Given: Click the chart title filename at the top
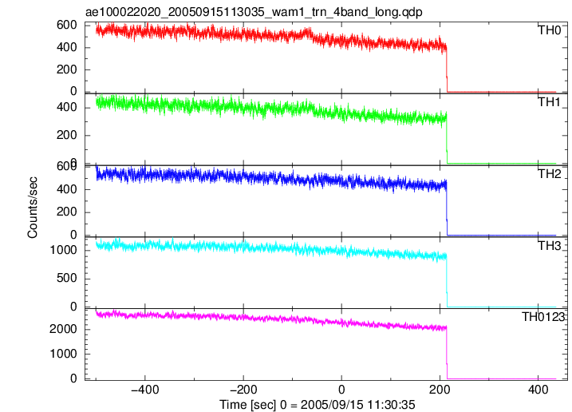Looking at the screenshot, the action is (254, 12).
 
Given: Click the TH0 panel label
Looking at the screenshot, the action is (550, 30).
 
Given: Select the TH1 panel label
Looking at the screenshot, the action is (550, 102).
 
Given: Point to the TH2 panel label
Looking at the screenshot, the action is (550, 174).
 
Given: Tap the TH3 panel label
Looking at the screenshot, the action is (550, 246).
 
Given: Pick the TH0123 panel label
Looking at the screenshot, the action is (542, 317).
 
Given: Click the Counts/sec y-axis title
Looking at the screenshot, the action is (33, 207).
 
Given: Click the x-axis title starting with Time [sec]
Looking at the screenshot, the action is (317, 405).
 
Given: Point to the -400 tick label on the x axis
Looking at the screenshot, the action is (145, 390).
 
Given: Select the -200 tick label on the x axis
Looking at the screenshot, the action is (243, 390).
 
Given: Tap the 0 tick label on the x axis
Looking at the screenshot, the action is (341, 390).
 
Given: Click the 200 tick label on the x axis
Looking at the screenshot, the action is (440, 390).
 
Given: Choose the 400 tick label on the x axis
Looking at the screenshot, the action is (538, 390).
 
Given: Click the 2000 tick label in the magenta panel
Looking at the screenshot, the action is (63, 330).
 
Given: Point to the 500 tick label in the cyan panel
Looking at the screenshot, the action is (67, 279).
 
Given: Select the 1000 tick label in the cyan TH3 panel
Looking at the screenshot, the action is (63, 250).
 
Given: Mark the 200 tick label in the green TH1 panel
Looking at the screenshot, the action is (67, 135).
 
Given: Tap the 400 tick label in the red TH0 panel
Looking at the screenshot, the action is (67, 47).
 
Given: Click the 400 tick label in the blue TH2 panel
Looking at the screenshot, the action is (67, 189).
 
